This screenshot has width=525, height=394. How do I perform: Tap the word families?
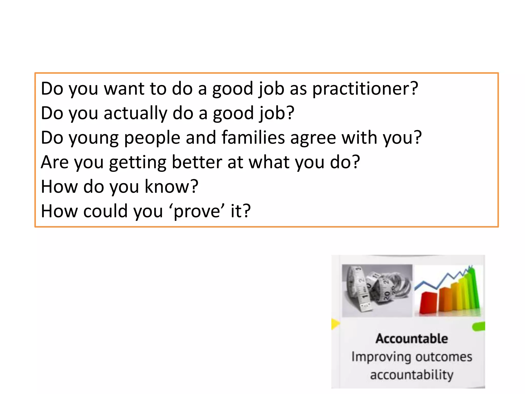(x=253, y=137)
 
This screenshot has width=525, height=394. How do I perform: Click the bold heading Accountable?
(x=412, y=339)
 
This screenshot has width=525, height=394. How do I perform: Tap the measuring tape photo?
(x=377, y=290)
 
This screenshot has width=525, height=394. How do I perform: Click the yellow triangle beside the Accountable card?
(x=335, y=324)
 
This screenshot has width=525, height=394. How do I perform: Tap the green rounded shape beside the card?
(x=478, y=327)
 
